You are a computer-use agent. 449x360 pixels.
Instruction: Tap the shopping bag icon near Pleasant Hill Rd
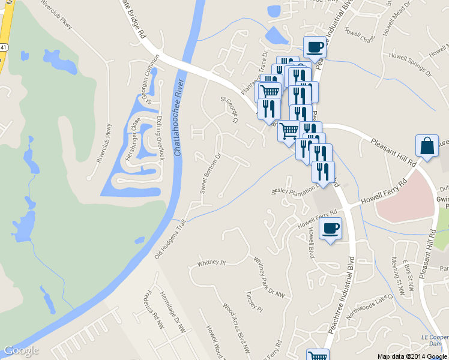pyautogui.click(x=426, y=146)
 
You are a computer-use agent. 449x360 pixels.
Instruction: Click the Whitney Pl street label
pyautogui.click(x=211, y=263)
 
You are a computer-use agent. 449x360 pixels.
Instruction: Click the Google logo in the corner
pyautogui.click(x=21, y=350)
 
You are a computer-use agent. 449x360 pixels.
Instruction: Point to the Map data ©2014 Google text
pyautogui.click(x=412, y=356)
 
